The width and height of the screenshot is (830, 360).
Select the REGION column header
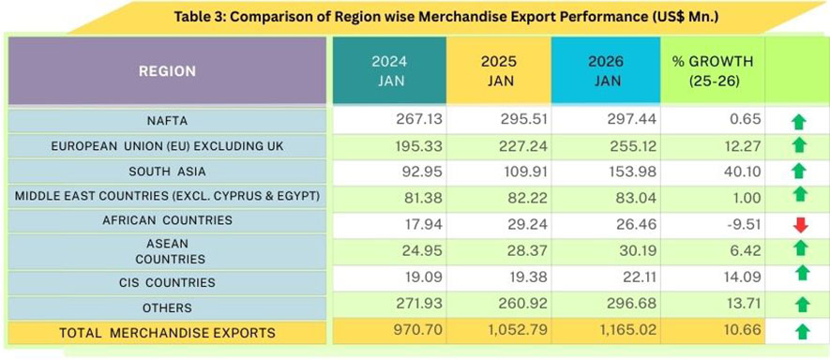tap(167, 71)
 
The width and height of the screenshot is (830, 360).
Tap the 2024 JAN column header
tap(388, 71)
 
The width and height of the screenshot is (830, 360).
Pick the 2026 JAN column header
tap(607, 71)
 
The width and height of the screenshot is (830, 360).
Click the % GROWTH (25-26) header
tap(713, 71)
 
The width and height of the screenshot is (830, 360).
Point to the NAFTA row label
tap(169, 120)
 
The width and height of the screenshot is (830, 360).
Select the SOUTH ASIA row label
tap(169, 172)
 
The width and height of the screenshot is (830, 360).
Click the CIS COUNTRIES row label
tap(169, 282)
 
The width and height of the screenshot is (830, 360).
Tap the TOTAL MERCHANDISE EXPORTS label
tap(167, 332)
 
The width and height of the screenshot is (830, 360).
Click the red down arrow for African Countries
tap(800, 225)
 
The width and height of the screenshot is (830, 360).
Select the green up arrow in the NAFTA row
tap(799, 121)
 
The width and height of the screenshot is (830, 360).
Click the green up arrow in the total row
tap(800, 331)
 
